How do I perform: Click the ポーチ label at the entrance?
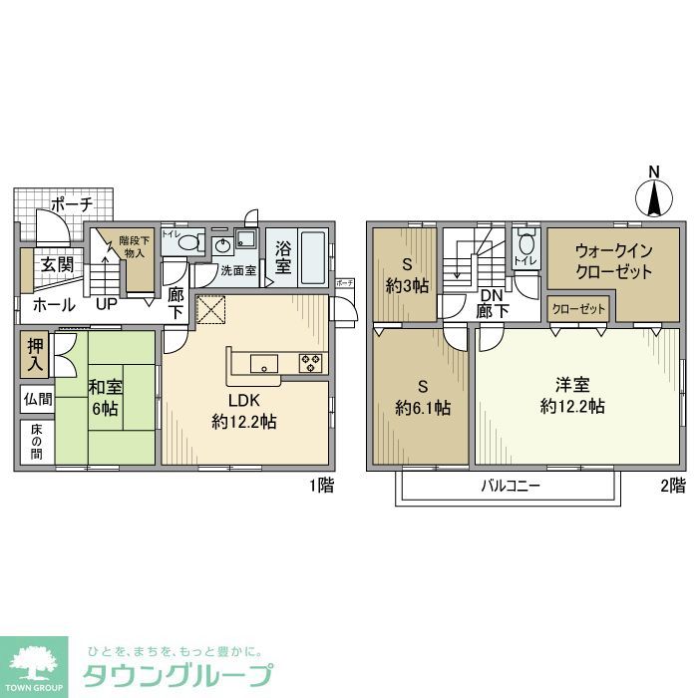point(72,203)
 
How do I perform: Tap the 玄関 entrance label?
point(57,264)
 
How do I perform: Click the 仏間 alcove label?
point(35,399)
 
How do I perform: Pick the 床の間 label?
point(35,443)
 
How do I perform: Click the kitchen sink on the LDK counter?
point(264,361)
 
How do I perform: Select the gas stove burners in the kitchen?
point(311,362)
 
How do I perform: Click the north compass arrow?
point(654,194)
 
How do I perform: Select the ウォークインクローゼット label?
point(612,261)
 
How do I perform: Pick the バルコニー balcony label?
point(510,486)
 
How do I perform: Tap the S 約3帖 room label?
point(406,274)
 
